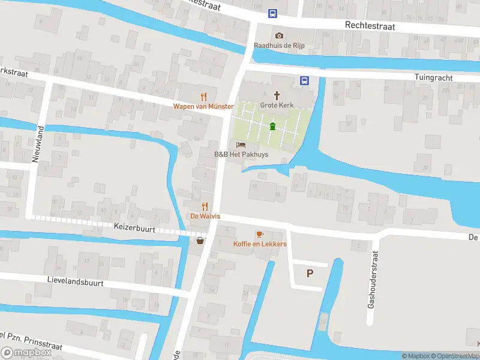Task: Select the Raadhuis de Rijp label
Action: (x=279, y=46)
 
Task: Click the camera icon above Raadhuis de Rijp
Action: (x=279, y=35)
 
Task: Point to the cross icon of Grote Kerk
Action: (x=277, y=95)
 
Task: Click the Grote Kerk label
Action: (x=277, y=105)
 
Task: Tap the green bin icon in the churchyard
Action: (x=273, y=126)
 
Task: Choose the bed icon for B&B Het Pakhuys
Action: (x=241, y=145)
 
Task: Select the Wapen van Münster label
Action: (x=203, y=106)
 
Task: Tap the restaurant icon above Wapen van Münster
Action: (x=204, y=96)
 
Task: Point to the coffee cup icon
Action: (x=260, y=234)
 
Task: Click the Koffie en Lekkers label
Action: (x=260, y=244)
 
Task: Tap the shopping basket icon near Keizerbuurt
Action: (x=200, y=241)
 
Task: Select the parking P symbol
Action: (x=310, y=274)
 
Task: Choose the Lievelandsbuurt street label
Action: (x=76, y=281)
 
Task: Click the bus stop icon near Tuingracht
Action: (x=304, y=80)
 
